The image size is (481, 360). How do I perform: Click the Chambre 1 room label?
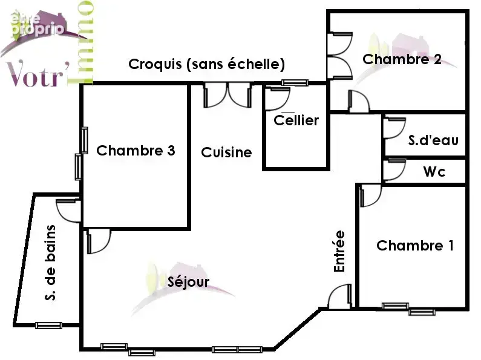tap(414, 245)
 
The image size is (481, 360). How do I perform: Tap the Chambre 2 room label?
tap(402, 59)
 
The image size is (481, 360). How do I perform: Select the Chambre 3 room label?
tap(136, 150)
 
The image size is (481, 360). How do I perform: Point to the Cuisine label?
tap(226, 152)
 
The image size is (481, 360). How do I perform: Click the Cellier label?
tap(296, 120)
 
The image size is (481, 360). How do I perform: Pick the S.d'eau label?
tap(433, 140)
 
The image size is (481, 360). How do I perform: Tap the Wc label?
tap(434, 172)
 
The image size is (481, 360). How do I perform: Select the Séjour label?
tap(188, 281)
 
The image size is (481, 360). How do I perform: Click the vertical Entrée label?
tap(339, 251)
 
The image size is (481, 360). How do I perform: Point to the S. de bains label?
tap(50, 263)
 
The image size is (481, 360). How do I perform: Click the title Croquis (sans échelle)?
tap(206, 64)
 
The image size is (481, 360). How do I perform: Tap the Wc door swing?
tap(394, 169)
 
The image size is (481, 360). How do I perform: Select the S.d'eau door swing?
tap(394, 128)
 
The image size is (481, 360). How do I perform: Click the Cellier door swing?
tap(278, 99)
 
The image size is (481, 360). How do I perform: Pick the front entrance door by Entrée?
tap(339, 296)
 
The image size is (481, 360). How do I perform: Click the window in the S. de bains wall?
tap(48, 326)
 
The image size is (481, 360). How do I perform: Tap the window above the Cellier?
tap(295, 82)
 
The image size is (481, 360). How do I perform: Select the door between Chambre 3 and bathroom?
tap(69, 211)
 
